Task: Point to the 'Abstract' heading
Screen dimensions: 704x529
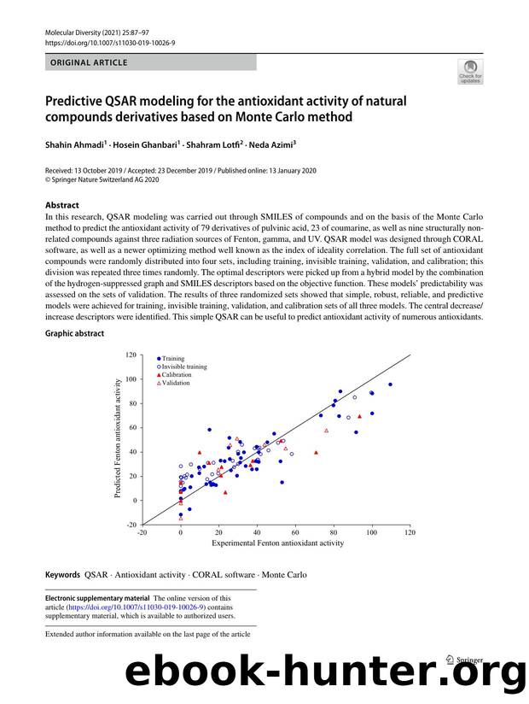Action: click(62, 205)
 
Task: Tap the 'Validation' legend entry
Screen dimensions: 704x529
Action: click(176, 383)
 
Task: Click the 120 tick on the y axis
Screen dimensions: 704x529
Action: click(131, 354)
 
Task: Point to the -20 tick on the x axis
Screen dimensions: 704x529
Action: click(142, 532)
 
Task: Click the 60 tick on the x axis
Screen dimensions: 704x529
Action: click(294, 532)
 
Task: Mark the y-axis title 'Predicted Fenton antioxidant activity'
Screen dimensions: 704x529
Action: click(117, 438)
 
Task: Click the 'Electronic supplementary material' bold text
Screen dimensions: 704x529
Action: click(96, 598)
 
